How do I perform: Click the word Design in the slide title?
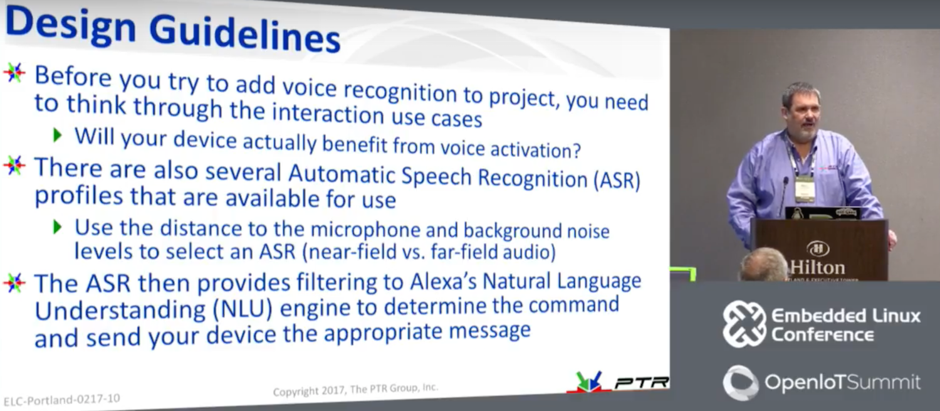tap(70, 24)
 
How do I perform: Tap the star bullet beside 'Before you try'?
tap(14, 73)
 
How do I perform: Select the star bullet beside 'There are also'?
tap(14, 165)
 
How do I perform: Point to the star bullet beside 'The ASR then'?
tap(14, 283)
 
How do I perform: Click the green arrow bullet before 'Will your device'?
tap(58, 136)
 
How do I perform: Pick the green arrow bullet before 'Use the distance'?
tap(58, 227)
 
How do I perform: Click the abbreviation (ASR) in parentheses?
tap(617, 181)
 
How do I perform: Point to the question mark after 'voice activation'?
tap(577, 149)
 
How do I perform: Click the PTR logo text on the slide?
tap(642, 382)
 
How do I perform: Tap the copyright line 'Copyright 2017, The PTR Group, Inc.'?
tap(355, 390)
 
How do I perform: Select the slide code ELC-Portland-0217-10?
tap(61, 399)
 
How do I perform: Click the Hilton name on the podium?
tap(818, 267)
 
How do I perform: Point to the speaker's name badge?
tap(805, 188)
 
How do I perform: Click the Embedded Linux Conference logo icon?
tap(744, 324)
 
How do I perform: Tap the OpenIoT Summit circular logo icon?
tap(741, 383)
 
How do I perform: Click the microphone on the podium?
tap(784, 195)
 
